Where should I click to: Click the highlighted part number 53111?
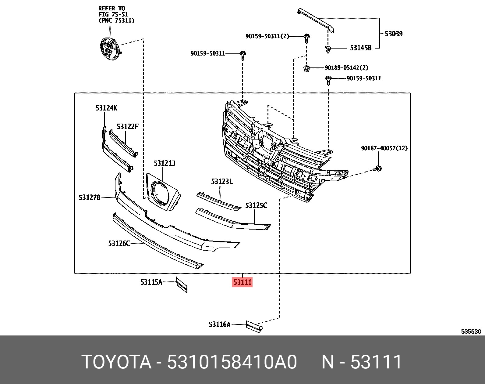[x=242, y=282]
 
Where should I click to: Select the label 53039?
[x=393, y=34]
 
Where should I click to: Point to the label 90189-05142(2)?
[x=346, y=68]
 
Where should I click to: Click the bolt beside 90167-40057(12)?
[x=378, y=168]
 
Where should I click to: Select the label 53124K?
[x=106, y=108]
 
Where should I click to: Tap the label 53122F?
[x=127, y=126]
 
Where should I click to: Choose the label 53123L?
[x=222, y=182]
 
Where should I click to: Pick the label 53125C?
[x=256, y=205]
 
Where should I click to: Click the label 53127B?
[x=90, y=197]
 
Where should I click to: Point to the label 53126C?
[x=119, y=243]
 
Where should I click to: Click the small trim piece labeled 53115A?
[x=182, y=285]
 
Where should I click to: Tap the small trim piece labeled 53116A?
[x=254, y=326]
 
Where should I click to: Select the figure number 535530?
[x=471, y=331]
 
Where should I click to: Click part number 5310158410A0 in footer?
[x=232, y=362]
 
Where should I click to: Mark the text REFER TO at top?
[x=112, y=9]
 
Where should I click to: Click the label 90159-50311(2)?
[x=267, y=36]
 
